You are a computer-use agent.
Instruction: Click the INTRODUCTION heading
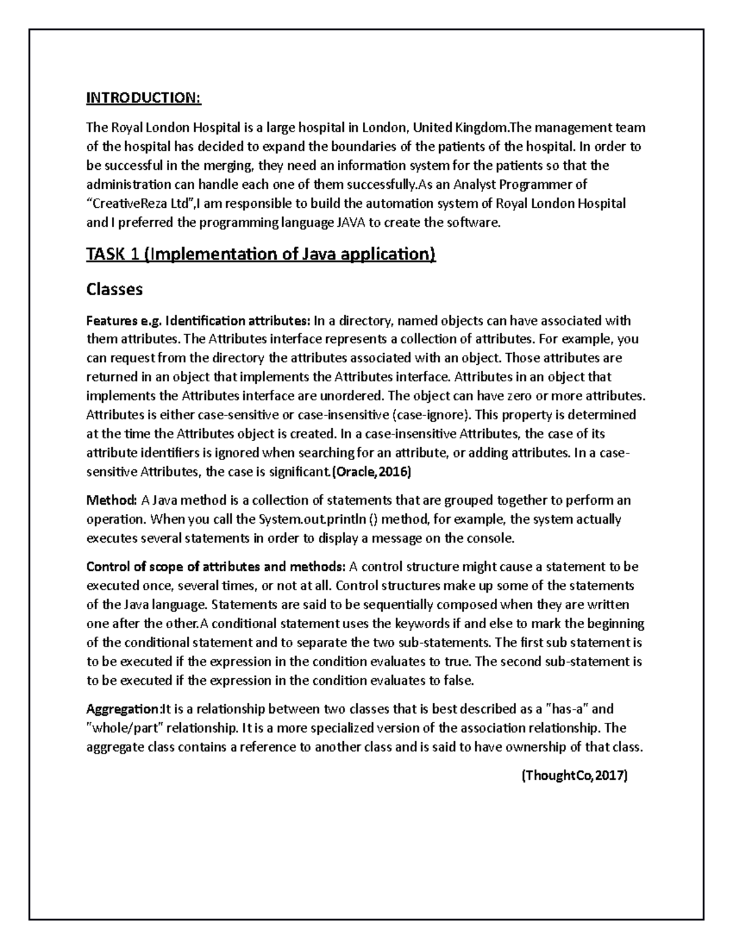143,98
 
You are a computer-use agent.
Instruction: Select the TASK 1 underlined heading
261,254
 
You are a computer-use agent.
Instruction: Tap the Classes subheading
114,289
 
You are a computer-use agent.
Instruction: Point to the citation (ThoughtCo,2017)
574,776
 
